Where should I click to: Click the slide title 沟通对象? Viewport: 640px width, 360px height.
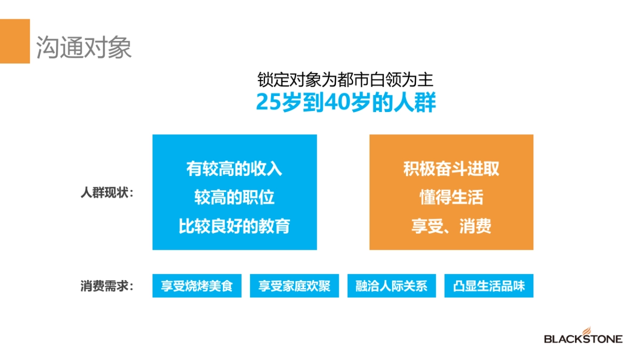click(x=84, y=48)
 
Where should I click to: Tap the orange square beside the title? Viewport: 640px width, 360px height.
click(x=14, y=41)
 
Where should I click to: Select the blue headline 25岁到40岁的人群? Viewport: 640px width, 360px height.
click(x=346, y=102)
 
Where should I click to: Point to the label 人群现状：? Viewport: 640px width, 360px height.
click(x=107, y=193)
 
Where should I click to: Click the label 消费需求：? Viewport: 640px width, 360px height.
click(x=107, y=286)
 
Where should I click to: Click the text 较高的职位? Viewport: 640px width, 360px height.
click(x=234, y=197)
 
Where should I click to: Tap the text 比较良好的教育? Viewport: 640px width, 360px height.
click(x=234, y=226)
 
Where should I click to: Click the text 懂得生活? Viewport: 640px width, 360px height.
click(x=451, y=197)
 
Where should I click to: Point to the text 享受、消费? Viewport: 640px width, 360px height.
click(x=451, y=226)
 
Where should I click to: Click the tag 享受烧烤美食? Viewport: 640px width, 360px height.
click(x=197, y=286)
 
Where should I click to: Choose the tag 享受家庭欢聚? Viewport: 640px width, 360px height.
click(x=294, y=286)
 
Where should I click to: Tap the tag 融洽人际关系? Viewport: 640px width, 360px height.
click(x=391, y=286)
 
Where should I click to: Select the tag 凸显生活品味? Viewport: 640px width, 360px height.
click(x=489, y=286)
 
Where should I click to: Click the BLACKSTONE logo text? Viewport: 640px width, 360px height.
click(x=583, y=339)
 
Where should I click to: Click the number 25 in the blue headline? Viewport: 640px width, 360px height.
click(x=268, y=102)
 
